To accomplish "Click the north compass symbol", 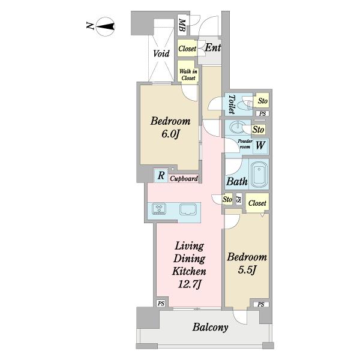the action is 106,27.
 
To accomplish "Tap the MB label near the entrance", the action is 182,25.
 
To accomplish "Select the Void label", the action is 161,53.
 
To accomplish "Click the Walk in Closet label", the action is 188,74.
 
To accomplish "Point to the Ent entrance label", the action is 212,47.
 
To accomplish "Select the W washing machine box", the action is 260,146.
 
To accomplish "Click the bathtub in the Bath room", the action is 259,175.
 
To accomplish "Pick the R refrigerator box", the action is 161,176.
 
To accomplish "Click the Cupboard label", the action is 184,178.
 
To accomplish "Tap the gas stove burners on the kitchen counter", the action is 159,209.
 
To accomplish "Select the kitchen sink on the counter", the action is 188,209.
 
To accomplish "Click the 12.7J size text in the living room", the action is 190,285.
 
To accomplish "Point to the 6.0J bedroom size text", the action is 170,134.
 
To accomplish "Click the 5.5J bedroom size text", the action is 247,270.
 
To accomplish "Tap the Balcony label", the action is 210,327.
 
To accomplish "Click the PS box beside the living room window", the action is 161,304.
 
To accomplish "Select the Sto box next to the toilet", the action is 262,101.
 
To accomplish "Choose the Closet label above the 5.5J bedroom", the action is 257,203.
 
